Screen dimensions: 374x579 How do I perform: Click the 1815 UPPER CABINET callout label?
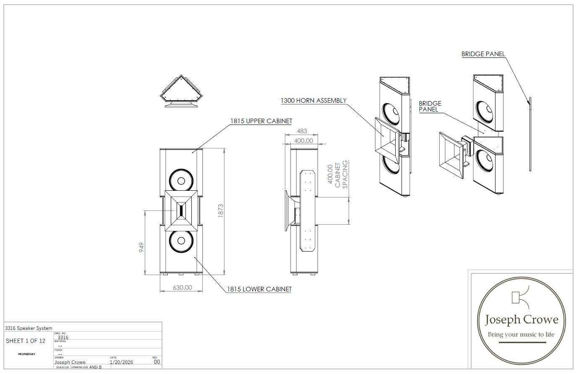[261, 121]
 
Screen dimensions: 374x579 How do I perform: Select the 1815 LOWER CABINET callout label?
[259, 289]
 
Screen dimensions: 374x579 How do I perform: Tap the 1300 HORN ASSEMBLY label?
[313, 101]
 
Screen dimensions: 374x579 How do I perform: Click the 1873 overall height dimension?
[221, 210]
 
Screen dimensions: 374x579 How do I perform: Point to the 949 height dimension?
[142, 247]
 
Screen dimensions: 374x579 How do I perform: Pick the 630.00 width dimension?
[182, 288]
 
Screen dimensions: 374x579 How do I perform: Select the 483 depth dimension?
[302, 131]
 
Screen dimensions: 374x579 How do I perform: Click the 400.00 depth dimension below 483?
[303, 141]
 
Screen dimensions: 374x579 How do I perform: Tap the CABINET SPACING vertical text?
[341, 174]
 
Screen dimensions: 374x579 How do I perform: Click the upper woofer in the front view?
[181, 181]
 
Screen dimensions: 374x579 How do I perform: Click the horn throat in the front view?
[181, 210]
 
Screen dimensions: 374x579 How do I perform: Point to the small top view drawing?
[181, 91]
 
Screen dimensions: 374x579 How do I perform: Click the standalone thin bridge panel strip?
[530, 134]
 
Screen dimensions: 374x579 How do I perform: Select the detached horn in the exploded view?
[451, 155]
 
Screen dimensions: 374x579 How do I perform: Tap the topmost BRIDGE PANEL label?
[483, 54]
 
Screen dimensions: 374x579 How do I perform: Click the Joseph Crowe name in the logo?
[522, 320]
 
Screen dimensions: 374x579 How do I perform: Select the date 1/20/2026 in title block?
[121, 362]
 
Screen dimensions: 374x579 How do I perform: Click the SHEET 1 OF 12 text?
[26, 341]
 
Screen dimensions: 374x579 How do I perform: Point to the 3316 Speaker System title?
[29, 328]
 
